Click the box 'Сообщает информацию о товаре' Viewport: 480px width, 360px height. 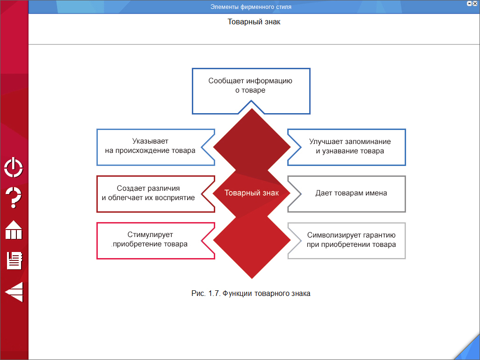point(251,86)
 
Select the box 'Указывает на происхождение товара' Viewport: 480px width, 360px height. point(150,146)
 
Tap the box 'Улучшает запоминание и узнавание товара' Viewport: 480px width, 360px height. point(349,146)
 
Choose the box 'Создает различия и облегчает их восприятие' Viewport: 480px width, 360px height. point(148,193)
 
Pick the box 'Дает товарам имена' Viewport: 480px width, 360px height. point(351,193)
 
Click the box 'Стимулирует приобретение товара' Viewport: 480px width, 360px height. point(150,240)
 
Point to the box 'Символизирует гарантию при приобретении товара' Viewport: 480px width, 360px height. point(351,240)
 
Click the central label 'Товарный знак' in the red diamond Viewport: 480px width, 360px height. point(252,193)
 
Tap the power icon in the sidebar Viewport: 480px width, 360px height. point(14,168)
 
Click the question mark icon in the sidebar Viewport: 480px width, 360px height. point(14,198)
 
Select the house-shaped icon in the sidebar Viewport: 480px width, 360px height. point(14,230)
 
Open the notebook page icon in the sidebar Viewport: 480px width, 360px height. point(15,260)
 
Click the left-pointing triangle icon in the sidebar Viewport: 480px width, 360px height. point(14,292)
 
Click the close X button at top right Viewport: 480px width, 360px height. point(474,4)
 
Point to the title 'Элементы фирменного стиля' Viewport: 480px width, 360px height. point(251,7)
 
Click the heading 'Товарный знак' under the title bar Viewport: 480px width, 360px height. point(254,22)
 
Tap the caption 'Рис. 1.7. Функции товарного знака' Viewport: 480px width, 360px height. point(251,294)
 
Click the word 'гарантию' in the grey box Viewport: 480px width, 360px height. point(379,235)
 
